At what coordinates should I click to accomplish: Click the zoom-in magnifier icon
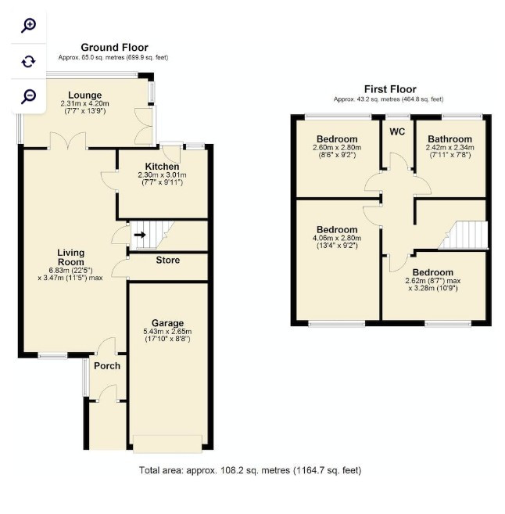pos(28,26)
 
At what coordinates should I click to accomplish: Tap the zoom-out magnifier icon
pos(28,96)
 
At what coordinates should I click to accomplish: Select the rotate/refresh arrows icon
pos(28,61)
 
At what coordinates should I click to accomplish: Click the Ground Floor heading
pos(114,48)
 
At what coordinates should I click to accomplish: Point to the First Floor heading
pos(390,89)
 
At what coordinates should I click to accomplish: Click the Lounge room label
pos(85,95)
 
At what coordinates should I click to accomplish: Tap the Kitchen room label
pos(162,166)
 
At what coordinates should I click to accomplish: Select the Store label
pos(167,260)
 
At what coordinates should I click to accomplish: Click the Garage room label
pos(167,323)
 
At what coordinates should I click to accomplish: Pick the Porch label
pos(107,365)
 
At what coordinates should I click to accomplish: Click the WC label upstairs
pos(397,131)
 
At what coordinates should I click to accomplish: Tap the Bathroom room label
pos(450,139)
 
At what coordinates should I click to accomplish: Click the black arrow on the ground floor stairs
pos(140,235)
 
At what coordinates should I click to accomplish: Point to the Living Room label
pos(70,257)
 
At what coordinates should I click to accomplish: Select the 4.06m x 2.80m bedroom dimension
pos(337,238)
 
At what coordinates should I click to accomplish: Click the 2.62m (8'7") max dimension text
pos(432,281)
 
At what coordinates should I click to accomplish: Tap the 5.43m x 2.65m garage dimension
pos(167,332)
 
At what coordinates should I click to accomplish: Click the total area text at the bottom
pos(250,470)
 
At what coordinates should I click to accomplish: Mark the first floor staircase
pos(463,235)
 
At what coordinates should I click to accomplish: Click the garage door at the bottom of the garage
pos(167,444)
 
